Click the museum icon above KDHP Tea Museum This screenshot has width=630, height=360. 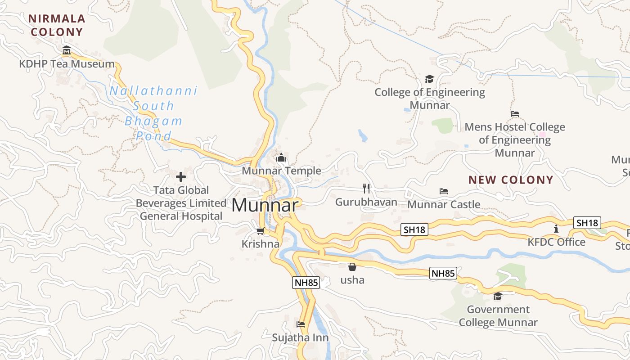pos(67,50)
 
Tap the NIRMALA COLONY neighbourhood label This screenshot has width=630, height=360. pos(57,25)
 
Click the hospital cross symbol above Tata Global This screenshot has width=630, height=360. pos(181,177)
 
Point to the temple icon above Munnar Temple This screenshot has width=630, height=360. pos(282,157)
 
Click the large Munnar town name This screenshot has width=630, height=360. pos(265,206)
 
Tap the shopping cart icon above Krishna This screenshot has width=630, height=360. pos(260,231)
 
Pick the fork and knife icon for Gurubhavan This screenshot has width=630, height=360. pos(366,188)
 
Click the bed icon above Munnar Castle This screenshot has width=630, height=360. pos(444,191)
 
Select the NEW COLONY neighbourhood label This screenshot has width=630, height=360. pos(511,180)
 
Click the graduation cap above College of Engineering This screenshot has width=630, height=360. pos(430,79)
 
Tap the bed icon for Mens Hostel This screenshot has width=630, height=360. pos(515,113)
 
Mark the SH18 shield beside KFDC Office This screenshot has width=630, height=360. pos(588,223)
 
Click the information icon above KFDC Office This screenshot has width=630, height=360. pos(556,229)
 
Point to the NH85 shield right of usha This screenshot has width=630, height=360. pos(443,273)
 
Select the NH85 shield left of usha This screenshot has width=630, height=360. pos(306,283)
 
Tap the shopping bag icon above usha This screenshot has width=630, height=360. pos(352,267)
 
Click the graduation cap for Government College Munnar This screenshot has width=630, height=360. pos(498,296)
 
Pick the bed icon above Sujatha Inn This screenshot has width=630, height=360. pos(301,324)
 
